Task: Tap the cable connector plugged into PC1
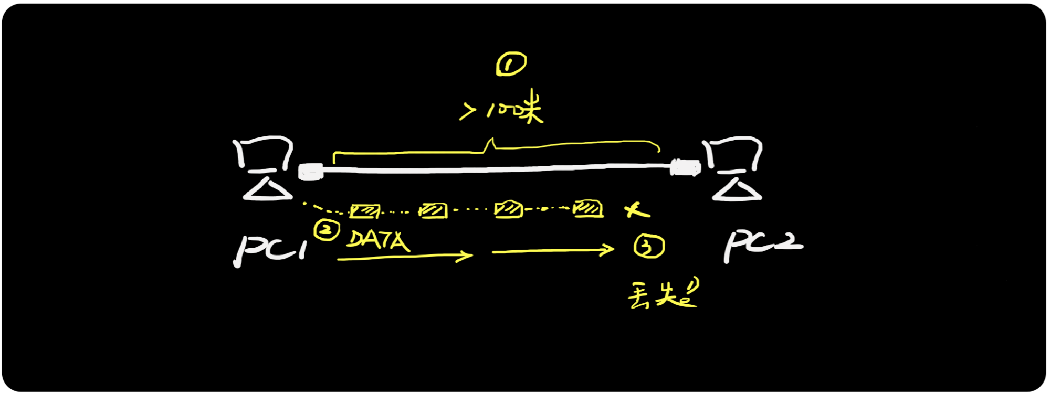click(x=310, y=171)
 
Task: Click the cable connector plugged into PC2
click(x=685, y=168)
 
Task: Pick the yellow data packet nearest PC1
click(x=364, y=211)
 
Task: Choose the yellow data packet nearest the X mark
click(x=588, y=208)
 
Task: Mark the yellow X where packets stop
click(x=637, y=210)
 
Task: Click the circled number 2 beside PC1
click(x=327, y=230)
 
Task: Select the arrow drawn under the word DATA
click(x=404, y=257)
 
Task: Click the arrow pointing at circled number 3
click(x=552, y=251)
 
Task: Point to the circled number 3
click(x=649, y=246)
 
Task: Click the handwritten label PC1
click(x=269, y=249)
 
